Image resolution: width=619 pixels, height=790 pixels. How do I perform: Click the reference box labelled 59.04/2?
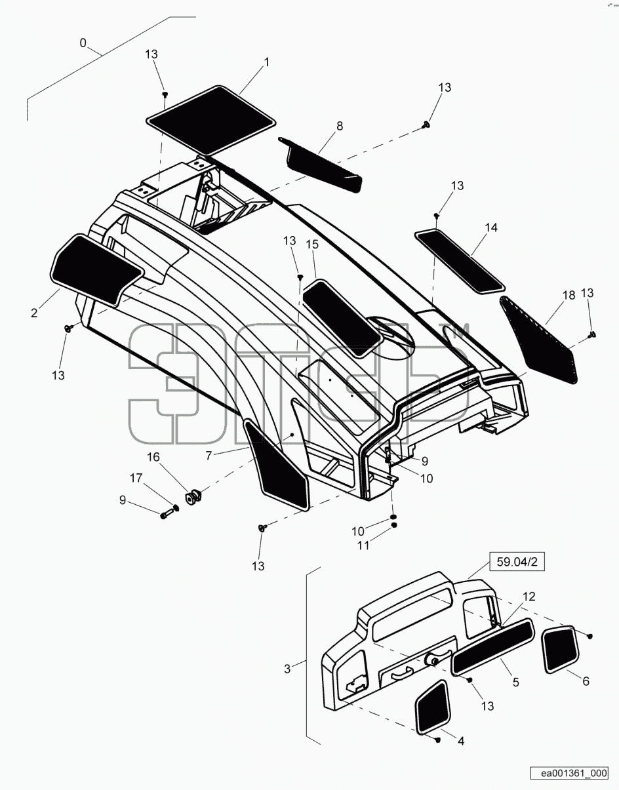point(517,562)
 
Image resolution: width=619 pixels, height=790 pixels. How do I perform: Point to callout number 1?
point(267,62)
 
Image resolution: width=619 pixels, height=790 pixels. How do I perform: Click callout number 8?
point(340,126)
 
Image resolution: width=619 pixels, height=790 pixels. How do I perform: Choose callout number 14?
point(490,227)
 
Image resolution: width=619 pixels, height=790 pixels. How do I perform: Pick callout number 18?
point(569,295)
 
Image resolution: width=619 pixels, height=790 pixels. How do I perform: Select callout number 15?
point(312,245)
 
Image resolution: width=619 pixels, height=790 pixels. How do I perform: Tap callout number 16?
point(153,457)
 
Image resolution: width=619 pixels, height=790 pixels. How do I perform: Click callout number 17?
point(136,478)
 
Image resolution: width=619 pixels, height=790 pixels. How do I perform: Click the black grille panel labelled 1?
point(211,121)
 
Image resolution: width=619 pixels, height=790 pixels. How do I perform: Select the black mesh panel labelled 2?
point(96,269)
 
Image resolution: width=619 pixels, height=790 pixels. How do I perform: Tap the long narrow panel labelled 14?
point(460,260)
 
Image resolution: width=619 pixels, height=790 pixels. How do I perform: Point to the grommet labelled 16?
point(193,496)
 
